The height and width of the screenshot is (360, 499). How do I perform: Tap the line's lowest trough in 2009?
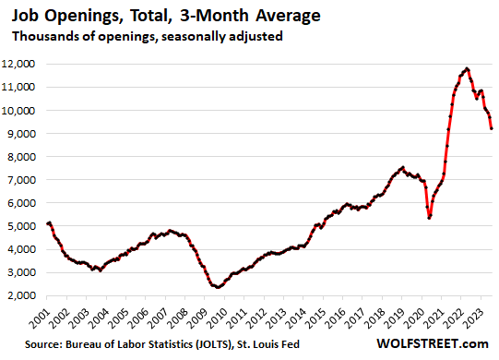[217, 287]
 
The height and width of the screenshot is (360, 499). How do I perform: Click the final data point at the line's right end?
[491, 128]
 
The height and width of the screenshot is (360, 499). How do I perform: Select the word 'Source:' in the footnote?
[30, 345]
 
